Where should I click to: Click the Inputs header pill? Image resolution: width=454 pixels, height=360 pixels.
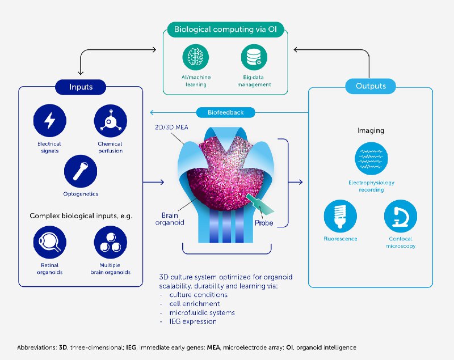coord(81,87)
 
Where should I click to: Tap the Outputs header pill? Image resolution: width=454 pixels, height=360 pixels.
coord(371,86)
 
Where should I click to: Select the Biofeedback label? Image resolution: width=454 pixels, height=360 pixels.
coord(225,112)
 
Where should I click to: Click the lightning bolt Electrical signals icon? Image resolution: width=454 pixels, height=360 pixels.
coord(50,121)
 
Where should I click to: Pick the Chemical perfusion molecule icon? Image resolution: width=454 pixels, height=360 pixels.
coord(110,121)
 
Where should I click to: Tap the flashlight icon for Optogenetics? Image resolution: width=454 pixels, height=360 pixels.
coord(81,171)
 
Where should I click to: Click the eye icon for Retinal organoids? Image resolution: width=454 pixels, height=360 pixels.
coord(50,242)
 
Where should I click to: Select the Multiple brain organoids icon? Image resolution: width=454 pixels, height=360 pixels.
coord(110,242)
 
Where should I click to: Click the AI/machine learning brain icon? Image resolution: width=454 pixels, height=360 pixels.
coord(196,57)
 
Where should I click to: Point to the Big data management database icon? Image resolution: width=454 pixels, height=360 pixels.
coord(254,57)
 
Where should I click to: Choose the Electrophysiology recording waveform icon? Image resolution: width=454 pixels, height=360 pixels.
coord(371,159)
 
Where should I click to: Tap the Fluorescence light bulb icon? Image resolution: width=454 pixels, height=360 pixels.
coord(340,216)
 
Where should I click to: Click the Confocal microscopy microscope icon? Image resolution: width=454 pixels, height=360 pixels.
coord(401,216)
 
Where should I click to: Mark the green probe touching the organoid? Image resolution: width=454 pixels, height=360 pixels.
coord(260,204)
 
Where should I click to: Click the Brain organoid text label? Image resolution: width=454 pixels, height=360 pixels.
coord(170,219)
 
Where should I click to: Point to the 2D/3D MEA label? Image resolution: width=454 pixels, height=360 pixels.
coord(171,127)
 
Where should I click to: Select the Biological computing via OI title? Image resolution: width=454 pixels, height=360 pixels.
coord(225,29)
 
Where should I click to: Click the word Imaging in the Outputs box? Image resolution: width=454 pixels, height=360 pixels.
coord(371,130)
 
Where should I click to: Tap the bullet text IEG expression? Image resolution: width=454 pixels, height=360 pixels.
coord(193,321)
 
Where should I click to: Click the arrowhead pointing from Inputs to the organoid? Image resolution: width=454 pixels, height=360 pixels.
coord(162,182)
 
